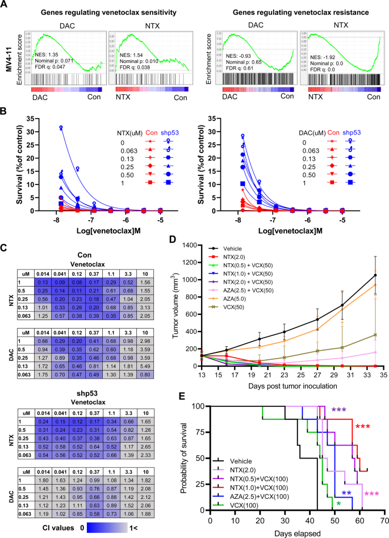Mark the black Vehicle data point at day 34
(x=375, y=275)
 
